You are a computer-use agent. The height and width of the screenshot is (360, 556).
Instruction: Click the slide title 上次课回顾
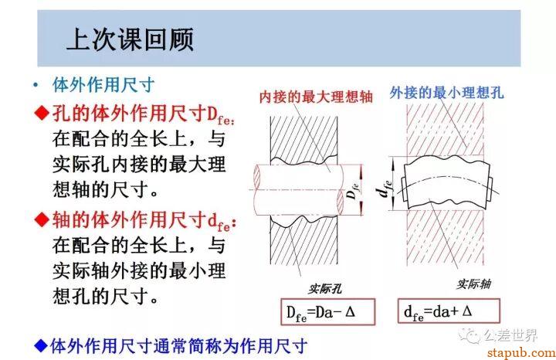[131, 39]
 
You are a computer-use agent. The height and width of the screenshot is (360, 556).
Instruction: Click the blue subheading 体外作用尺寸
[103, 85]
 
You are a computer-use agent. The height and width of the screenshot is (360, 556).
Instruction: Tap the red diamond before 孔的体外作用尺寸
[42, 113]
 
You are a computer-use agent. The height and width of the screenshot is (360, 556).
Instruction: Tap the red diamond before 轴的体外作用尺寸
[42, 219]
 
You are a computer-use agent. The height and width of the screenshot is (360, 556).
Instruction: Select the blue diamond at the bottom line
[41, 345]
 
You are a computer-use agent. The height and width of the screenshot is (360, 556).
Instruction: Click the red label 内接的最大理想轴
[316, 97]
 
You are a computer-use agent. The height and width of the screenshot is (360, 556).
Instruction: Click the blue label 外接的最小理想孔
[447, 93]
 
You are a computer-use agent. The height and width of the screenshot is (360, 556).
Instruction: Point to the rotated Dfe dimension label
[352, 191]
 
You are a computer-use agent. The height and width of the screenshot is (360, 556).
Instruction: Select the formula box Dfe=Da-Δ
[328, 312]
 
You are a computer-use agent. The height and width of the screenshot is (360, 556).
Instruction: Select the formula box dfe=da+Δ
[449, 311]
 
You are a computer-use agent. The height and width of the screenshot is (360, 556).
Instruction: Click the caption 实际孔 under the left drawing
[325, 289]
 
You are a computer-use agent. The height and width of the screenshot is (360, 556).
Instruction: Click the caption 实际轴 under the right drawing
[474, 284]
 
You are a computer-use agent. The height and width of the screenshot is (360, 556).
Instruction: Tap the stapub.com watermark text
[521, 352]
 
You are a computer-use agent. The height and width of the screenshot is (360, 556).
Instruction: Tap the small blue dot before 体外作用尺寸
[36, 85]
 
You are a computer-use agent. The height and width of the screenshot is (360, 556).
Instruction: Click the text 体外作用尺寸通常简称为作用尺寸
[178, 346]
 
